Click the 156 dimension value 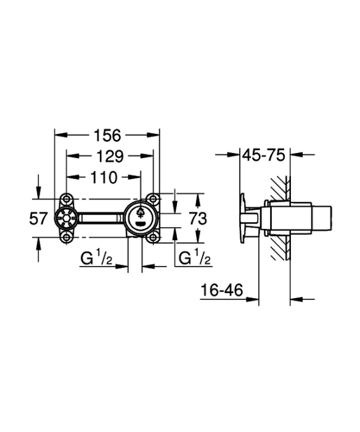(107, 136)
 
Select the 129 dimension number (110, 157)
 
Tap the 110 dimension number (104, 178)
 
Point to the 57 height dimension (38, 219)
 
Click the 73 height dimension (198, 219)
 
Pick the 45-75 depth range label (264, 156)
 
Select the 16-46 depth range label (222, 290)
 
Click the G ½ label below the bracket (96, 258)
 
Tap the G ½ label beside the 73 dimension (195, 257)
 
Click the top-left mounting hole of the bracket (66, 199)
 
